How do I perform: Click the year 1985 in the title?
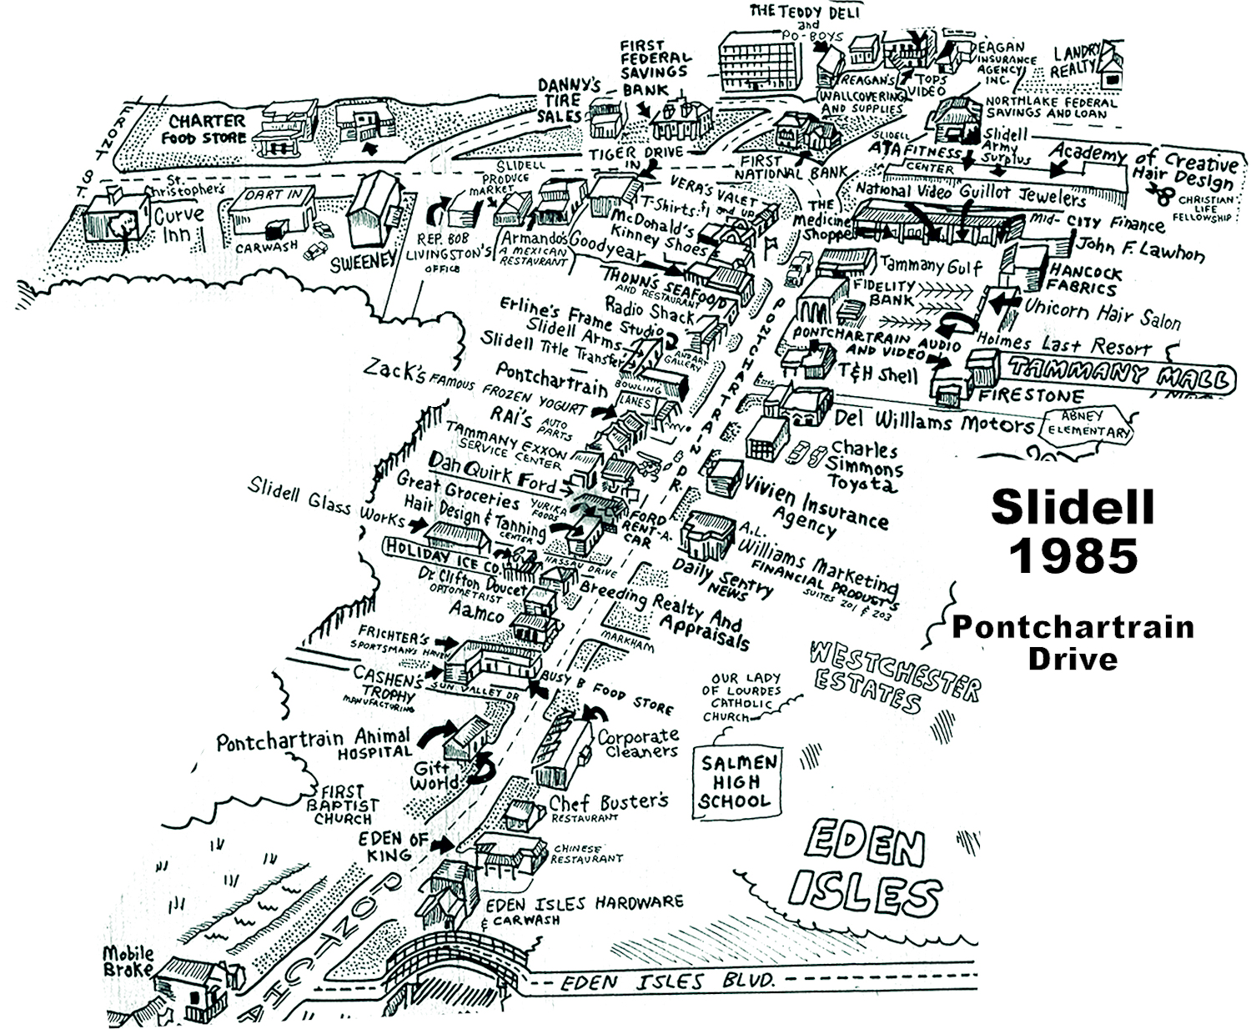point(1074,555)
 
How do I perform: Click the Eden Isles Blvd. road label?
point(667,981)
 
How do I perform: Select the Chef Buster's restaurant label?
point(608,805)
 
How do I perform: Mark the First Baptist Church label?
point(342,804)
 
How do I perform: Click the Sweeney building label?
point(363,261)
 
